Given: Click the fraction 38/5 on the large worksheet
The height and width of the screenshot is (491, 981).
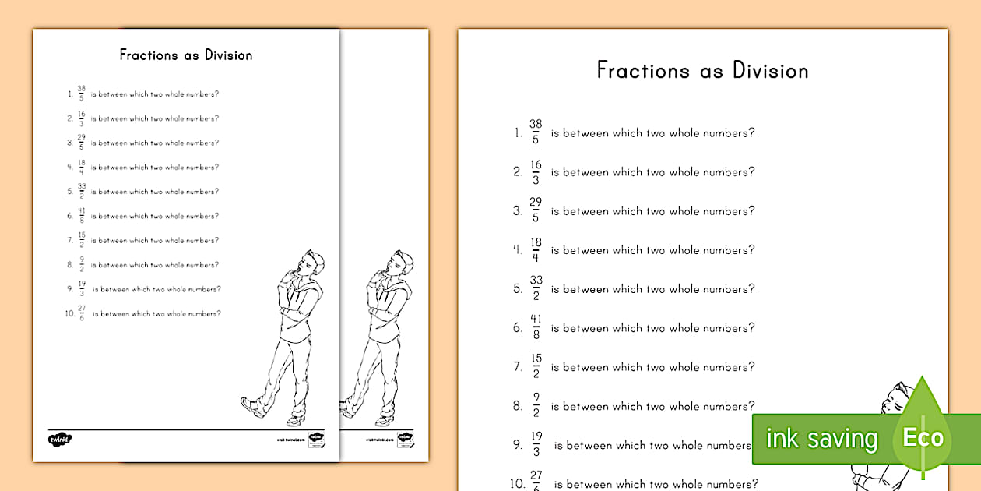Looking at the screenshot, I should (536, 132).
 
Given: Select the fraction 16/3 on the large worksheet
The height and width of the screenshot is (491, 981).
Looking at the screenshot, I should (536, 171).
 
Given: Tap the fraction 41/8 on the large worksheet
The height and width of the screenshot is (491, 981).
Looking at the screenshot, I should (536, 327).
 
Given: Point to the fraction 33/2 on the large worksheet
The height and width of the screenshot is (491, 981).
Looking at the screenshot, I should (536, 288).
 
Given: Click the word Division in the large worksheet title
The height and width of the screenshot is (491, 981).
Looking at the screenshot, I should (770, 71).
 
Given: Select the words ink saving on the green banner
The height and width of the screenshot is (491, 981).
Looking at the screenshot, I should (821, 439).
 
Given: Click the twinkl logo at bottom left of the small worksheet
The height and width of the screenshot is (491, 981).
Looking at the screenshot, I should (59, 439).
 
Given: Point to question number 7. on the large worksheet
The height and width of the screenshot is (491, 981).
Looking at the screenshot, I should (517, 367).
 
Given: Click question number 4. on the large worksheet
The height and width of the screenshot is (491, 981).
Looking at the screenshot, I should (517, 250).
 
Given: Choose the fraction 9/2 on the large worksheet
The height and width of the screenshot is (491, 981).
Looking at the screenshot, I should (536, 405).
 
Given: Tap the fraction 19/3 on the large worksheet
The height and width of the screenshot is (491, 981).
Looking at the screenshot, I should (536, 445).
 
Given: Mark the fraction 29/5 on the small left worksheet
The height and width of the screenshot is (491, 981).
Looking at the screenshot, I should (81, 143).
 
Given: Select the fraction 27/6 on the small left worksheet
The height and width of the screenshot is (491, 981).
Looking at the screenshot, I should (82, 313).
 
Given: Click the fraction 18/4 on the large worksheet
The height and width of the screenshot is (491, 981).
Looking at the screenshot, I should (536, 249).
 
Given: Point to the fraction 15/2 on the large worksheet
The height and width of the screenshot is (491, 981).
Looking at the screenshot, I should (536, 366).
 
